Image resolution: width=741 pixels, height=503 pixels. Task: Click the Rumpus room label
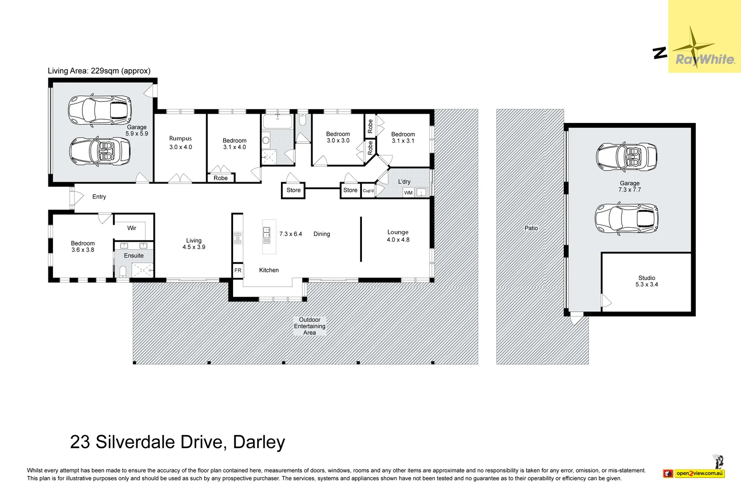pos(180,143)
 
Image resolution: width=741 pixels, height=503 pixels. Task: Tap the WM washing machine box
pos(408,193)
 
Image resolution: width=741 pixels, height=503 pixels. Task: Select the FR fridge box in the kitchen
pos(238,270)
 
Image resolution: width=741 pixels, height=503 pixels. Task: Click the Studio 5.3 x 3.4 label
pos(647,281)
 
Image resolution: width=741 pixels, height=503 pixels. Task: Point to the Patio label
pos(531,228)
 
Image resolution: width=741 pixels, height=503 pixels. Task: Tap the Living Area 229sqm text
pos(99,71)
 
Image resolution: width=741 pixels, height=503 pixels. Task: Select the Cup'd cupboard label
pos(368,190)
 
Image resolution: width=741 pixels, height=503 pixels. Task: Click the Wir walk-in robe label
pos(132,228)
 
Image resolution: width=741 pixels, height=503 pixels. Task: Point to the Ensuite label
pos(134,256)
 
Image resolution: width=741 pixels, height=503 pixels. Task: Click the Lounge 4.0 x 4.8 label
pos(398,236)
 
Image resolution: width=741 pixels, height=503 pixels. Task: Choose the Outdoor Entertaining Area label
pos(309,326)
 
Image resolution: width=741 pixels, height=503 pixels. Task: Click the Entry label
pos(99,197)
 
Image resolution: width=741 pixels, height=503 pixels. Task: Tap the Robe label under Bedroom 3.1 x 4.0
pos(220,178)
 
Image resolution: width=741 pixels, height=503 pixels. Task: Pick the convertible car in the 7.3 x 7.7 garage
pos(627,157)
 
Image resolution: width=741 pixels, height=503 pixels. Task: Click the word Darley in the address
pos(259,442)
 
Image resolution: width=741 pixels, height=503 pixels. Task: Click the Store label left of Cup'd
pos(350,190)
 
